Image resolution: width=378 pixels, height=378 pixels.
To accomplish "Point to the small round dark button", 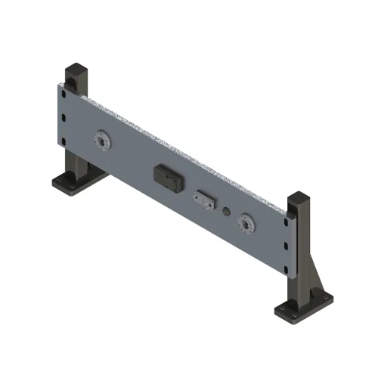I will (x=225, y=212).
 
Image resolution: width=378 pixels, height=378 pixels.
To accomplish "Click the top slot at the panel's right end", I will (x=287, y=223).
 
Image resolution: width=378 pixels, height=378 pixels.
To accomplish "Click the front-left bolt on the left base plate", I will (x=59, y=183).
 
